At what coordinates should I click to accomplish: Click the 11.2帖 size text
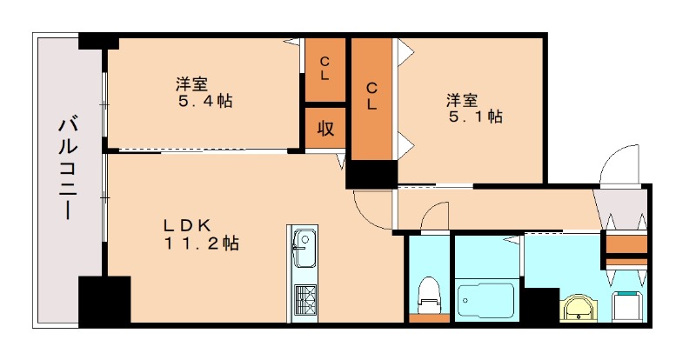[202, 244]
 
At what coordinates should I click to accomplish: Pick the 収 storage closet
[325, 129]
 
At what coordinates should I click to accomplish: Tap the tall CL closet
[371, 96]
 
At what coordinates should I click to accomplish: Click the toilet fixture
[429, 297]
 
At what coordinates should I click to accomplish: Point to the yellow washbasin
[578, 306]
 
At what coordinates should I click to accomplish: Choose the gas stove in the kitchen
[305, 300]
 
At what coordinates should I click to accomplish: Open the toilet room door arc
[433, 217]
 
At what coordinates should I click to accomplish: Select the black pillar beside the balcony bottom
[104, 300]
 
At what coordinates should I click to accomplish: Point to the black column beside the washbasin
[540, 305]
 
